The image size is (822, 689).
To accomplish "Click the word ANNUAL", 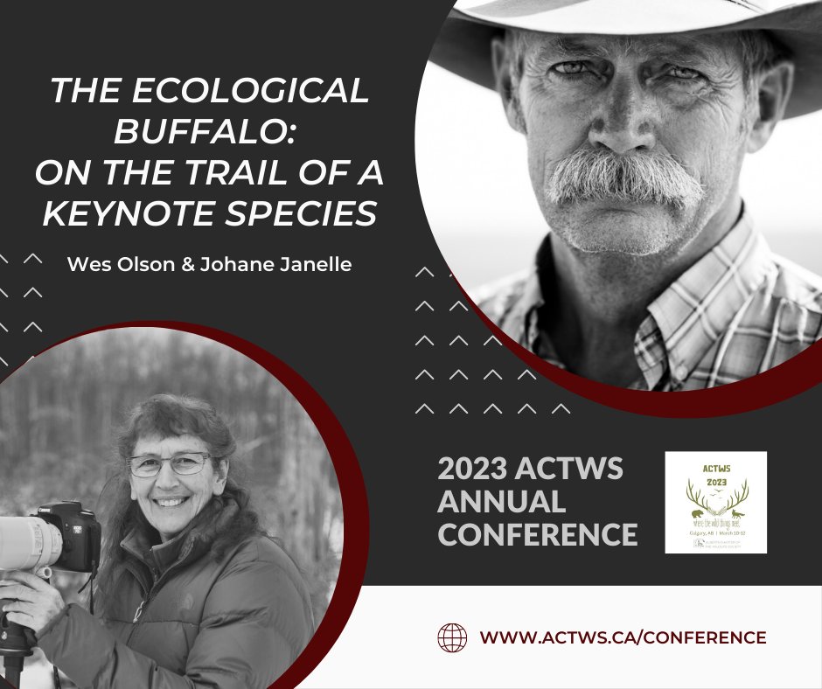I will click(501, 502).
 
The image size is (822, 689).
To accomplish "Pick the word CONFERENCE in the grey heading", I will click(537, 533).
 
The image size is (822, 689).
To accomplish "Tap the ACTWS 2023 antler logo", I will click(715, 502).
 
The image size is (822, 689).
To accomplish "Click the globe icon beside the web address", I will click(452, 637).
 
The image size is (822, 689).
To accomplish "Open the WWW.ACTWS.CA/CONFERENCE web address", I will click(623, 637).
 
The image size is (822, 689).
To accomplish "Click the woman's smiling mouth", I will click(171, 503).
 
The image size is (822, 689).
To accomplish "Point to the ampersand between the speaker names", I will click(169, 263).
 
